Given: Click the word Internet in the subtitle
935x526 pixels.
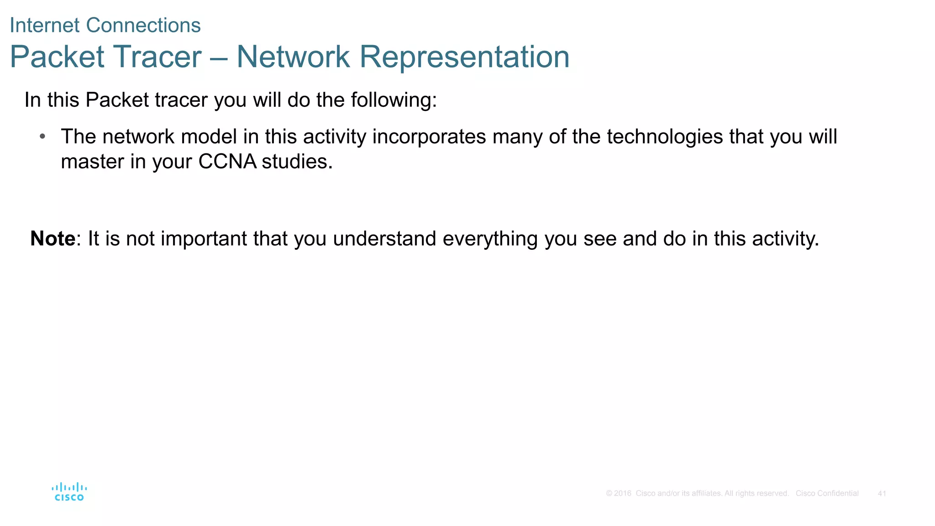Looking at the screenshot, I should pos(45,26).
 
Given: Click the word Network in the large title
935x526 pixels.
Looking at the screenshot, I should pos(293,57).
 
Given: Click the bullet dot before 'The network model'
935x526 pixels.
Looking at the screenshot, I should pos(42,137).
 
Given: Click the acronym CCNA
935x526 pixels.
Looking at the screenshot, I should pos(227,162).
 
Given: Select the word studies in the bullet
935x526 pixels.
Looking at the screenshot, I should pos(297,162).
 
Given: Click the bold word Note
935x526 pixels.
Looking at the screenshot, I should pos(53,239).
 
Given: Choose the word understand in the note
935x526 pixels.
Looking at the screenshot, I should pos(384,239).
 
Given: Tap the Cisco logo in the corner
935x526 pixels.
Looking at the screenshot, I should pos(69,492).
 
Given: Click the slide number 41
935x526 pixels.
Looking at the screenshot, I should pos(882,494).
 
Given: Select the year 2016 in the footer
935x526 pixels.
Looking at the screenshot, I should pos(622,494).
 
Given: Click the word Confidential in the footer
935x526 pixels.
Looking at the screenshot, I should pos(838,494).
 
